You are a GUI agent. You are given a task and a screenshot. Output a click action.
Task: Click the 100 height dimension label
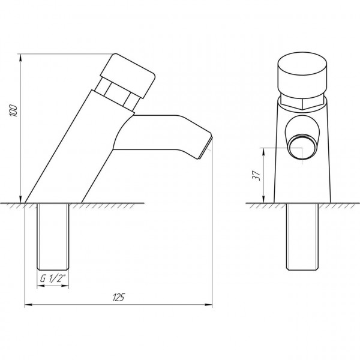[13, 110]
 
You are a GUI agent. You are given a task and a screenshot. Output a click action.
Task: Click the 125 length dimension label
[119, 297]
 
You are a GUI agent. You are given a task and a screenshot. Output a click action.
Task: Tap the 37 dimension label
[257, 176]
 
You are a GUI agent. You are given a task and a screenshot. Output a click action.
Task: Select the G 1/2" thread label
[53, 278]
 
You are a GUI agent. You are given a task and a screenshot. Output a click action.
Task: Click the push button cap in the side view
[128, 76]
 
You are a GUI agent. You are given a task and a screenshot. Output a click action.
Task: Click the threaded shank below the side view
[53, 236]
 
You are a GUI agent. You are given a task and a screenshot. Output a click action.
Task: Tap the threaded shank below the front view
[302, 236]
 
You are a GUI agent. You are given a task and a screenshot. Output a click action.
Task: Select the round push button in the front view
[302, 73]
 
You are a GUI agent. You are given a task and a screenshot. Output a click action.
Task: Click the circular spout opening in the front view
[301, 147]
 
